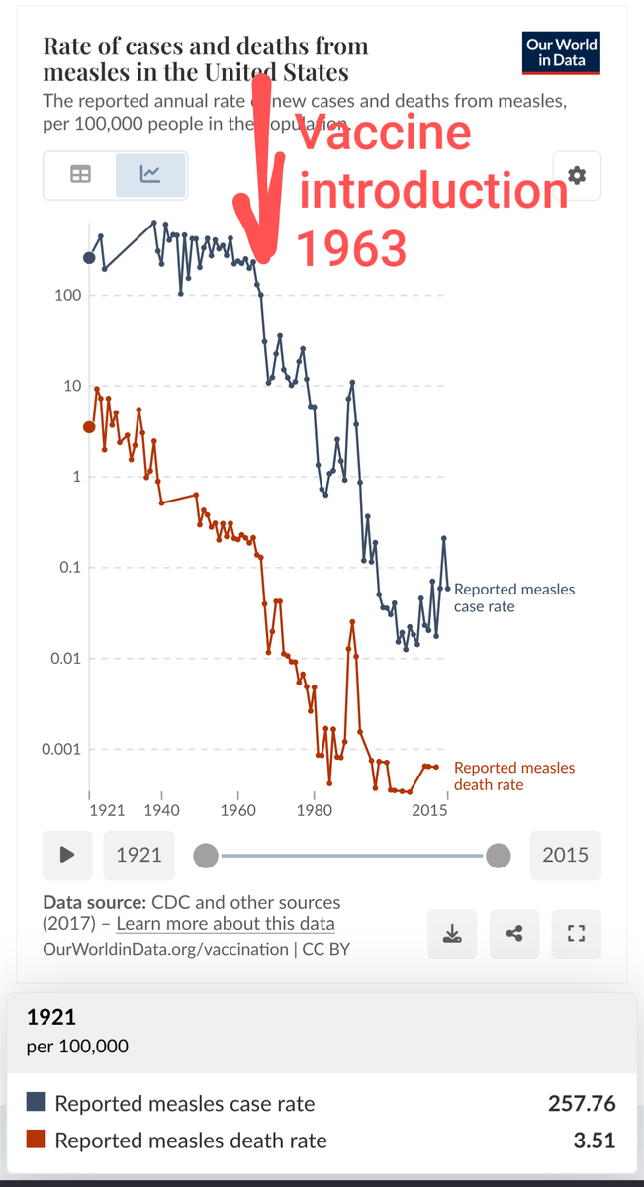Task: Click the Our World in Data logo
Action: pyautogui.click(x=562, y=52)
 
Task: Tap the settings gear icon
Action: pyautogui.click(x=577, y=175)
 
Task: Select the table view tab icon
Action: pyautogui.click(x=79, y=175)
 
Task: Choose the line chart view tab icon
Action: pyautogui.click(x=150, y=175)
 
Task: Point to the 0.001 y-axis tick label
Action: pyautogui.click(x=60, y=749)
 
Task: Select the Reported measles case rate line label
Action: pyautogui.click(x=513, y=597)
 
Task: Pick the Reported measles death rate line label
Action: pyautogui.click(x=513, y=776)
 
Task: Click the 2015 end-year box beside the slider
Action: pyautogui.click(x=565, y=855)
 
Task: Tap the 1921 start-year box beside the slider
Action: pyautogui.click(x=138, y=855)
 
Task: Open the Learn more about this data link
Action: pyautogui.click(x=226, y=924)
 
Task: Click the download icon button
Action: pyautogui.click(x=451, y=933)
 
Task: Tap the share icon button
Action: pyautogui.click(x=514, y=933)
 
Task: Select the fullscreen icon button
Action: pyautogui.click(x=577, y=933)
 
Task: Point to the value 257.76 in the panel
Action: pyautogui.click(x=582, y=1103)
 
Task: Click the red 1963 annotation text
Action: pyautogui.click(x=352, y=249)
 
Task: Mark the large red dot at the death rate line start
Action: pyautogui.click(x=89, y=427)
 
